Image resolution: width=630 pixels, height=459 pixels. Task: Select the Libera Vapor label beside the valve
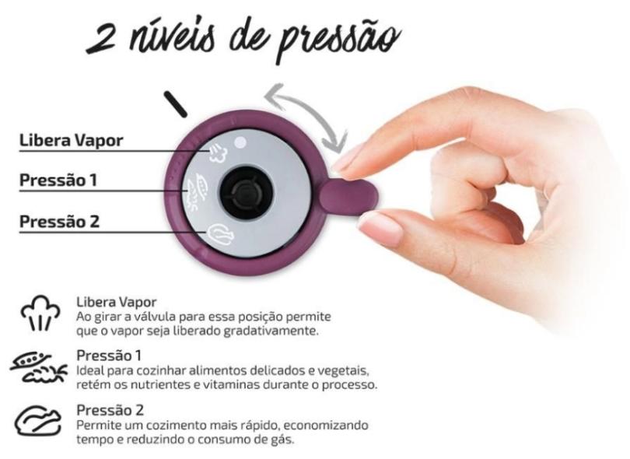coord(72,141)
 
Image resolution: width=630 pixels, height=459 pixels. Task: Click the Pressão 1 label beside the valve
coord(60,180)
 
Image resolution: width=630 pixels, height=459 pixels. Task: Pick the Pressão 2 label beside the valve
coord(60,221)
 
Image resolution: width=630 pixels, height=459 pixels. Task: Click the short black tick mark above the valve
coord(177,103)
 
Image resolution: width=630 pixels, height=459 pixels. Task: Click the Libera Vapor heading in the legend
coord(117,301)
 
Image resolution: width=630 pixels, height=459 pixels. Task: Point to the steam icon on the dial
coord(215,152)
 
